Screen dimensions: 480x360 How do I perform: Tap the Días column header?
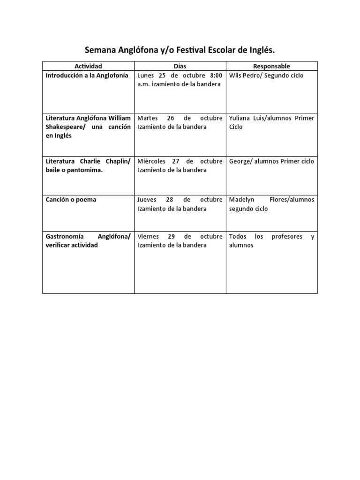tap(180, 66)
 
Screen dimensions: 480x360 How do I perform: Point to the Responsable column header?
tap(271, 66)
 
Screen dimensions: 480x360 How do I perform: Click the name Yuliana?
tap(241, 118)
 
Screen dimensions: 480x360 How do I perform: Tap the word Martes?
tap(148, 118)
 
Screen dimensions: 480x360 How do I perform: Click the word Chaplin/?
tap(114, 161)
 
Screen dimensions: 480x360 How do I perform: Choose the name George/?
tap(241, 161)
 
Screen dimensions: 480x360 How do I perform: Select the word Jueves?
tap(147, 200)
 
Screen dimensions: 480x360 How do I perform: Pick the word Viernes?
tap(148, 236)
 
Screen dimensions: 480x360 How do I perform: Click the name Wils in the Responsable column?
tap(236, 75)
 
